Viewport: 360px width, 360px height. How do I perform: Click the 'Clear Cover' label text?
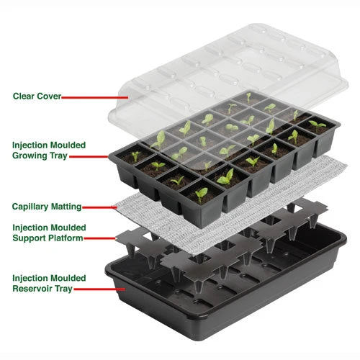(x=37, y=95)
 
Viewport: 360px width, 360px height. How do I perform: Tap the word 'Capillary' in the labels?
(x=31, y=207)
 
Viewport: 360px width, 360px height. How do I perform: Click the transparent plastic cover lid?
(x=216, y=65)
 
